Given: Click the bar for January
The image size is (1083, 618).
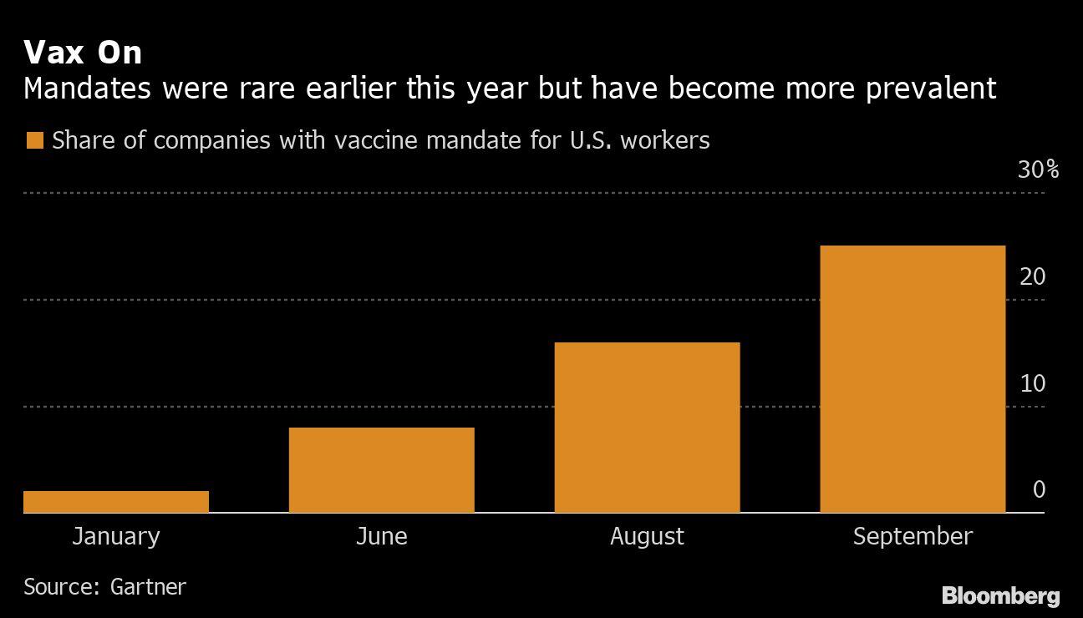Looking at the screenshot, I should (116, 502).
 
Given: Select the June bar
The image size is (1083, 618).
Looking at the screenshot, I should (382, 470).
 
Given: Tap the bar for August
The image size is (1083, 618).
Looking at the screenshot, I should (648, 428).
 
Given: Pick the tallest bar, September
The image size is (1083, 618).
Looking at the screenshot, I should (913, 379).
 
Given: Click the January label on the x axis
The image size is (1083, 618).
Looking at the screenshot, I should (116, 536).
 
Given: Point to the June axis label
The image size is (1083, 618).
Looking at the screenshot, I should (382, 536).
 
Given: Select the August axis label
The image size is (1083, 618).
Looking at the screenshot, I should (648, 536).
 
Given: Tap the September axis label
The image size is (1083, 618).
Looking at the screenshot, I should (913, 536).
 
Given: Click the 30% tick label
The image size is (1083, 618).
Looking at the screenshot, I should (1038, 170).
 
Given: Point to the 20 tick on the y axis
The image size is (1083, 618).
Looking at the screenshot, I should (1033, 276).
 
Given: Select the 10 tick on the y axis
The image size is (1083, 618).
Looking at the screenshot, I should (1033, 383).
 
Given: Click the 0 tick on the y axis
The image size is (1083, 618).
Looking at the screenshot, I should (1039, 489).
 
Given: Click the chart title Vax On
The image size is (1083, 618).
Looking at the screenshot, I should (83, 53).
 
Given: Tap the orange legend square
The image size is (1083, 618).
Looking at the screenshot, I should (34, 140).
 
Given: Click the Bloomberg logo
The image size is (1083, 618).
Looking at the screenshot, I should (1000, 596).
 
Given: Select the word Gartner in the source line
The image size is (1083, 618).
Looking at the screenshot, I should (148, 586).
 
